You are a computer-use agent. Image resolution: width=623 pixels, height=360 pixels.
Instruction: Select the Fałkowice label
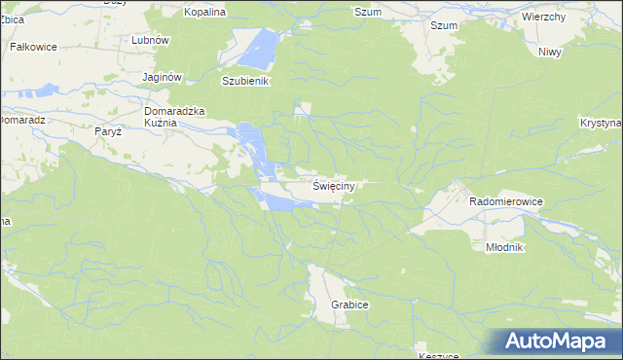[x=33, y=46]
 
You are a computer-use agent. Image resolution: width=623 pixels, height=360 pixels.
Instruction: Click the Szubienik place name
[x=244, y=82]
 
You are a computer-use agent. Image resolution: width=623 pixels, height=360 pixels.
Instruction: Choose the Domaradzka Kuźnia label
[x=174, y=118]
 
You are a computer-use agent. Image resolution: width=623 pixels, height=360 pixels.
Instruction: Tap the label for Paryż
[x=107, y=131]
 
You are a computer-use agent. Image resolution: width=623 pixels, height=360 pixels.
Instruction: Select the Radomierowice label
[x=505, y=200]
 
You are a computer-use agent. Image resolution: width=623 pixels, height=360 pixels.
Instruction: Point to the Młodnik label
[x=504, y=247]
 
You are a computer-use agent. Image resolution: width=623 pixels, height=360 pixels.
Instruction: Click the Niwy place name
[x=550, y=52]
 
